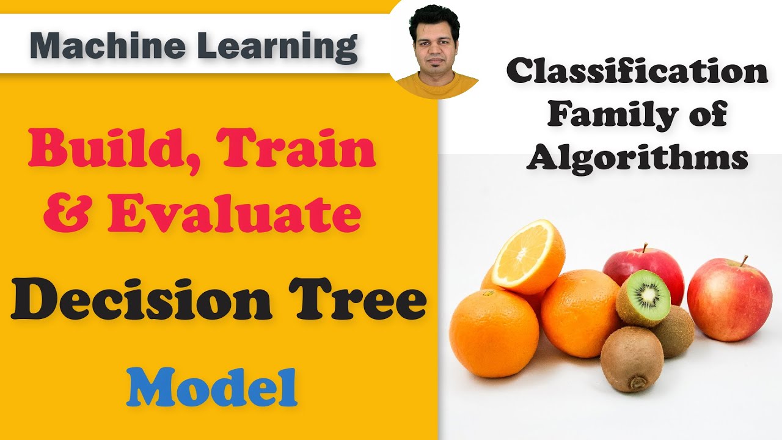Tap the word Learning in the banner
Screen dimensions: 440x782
coord(269,47)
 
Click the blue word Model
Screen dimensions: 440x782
coord(211,387)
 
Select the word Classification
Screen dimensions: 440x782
coord(637,73)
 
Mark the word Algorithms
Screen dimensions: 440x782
coord(637,158)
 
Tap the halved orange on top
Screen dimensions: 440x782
coord(528,257)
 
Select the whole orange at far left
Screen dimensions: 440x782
coord(494,333)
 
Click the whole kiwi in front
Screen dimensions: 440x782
coord(632,359)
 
